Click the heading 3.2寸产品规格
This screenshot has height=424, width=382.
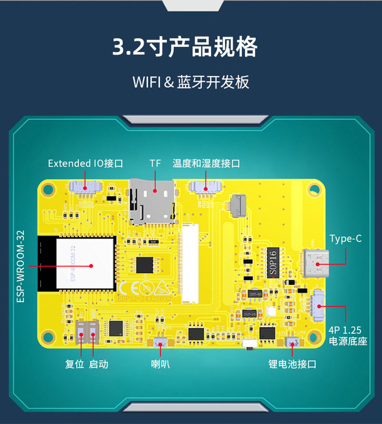(x=185, y=47)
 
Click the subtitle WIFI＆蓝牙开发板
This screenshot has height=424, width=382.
(x=191, y=83)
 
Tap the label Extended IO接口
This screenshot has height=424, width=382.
(x=85, y=163)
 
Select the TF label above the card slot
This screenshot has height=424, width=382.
(x=155, y=163)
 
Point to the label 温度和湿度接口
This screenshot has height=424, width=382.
(x=206, y=163)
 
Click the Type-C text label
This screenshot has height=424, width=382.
(x=345, y=238)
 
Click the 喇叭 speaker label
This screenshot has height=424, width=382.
(x=161, y=364)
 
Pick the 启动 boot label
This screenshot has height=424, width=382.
(x=99, y=364)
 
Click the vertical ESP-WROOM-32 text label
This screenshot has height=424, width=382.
(x=21, y=266)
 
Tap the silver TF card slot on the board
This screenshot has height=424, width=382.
(x=153, y=201)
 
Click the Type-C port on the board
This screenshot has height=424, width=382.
(x=316, y=263)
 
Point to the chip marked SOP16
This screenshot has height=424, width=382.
(x=273, y=262)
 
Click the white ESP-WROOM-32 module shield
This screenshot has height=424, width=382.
(x=85, y=263)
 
